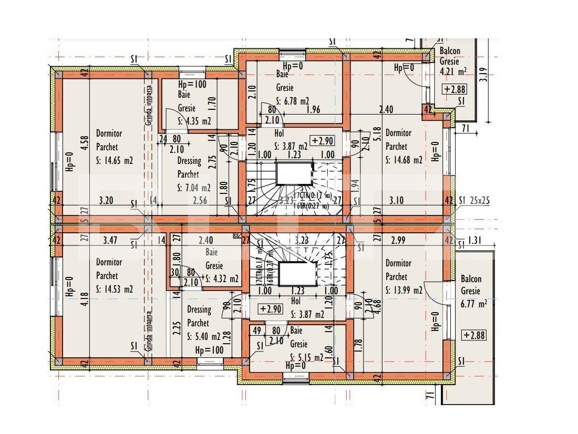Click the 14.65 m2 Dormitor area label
pos(115,161)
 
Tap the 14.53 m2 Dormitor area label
pos(115,289)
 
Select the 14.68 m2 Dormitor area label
pos(404,161)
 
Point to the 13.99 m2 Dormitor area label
pos(404,290)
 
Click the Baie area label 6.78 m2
pos(293,101)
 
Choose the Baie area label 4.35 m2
pos(194,121)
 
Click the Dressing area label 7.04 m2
pos(194,187)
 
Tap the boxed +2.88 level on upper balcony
pos(455,89)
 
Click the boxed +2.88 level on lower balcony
pos(473,335)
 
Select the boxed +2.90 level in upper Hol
pos(322,141)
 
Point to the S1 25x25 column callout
pos(474,200)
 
